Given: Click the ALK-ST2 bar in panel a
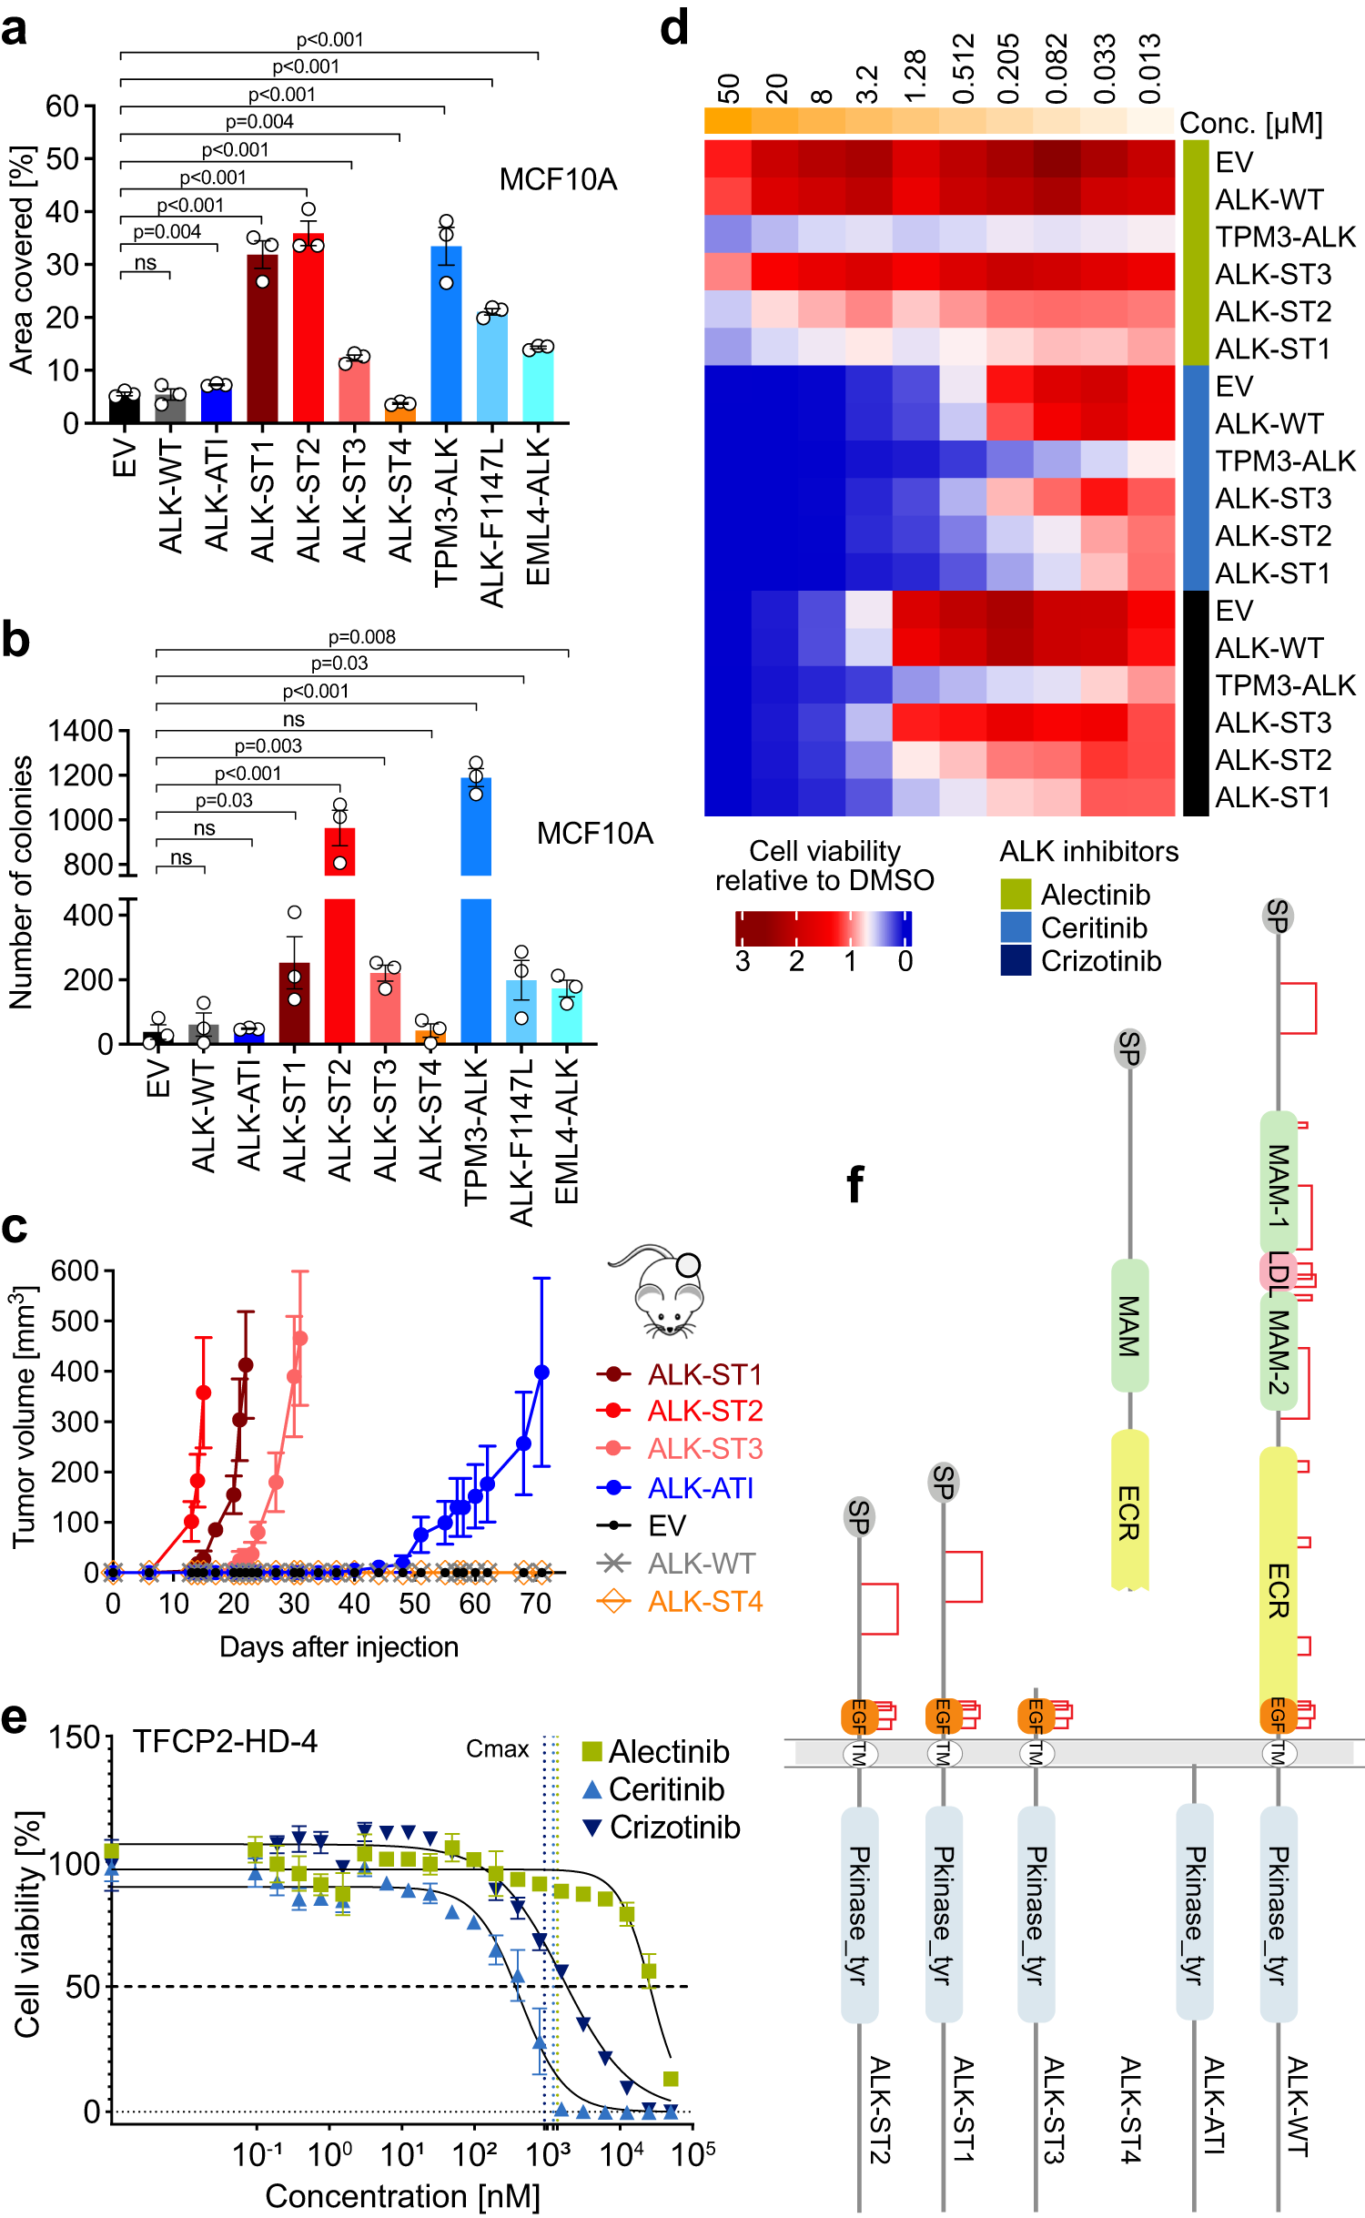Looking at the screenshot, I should point(308,328).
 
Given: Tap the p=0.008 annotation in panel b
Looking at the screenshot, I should point(362,637).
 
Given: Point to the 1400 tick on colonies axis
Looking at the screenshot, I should point(80,731).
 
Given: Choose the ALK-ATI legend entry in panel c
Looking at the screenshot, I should point(700,1488).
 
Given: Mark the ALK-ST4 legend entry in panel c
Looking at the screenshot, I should point(704,1601).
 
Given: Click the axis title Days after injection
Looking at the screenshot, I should point(339,1646).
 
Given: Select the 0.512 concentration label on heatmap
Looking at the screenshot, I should point(963,68).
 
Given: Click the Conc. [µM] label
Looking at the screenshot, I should point(1250,123).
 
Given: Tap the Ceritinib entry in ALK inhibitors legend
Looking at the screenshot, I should point(1093,927).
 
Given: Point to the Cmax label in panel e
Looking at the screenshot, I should point(497,1748).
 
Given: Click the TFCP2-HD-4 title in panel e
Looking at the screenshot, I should point(225,1740).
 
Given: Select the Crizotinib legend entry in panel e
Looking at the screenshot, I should point(674,1827).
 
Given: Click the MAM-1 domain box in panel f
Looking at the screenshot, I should point(1278,1183).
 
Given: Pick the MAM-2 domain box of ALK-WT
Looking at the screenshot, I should point(1278,1351).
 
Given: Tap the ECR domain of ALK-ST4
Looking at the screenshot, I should point(1129,1511).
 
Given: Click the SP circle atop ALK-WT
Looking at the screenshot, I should point(1278,915).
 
